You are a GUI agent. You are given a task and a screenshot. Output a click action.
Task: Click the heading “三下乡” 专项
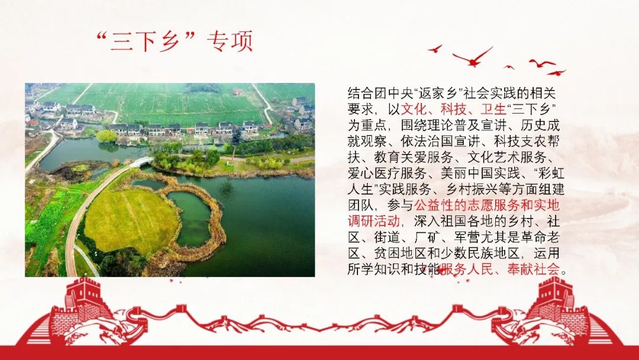(x=175, y=42)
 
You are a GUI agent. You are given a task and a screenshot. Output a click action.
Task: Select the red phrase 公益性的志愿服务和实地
(x=486, y=206)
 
